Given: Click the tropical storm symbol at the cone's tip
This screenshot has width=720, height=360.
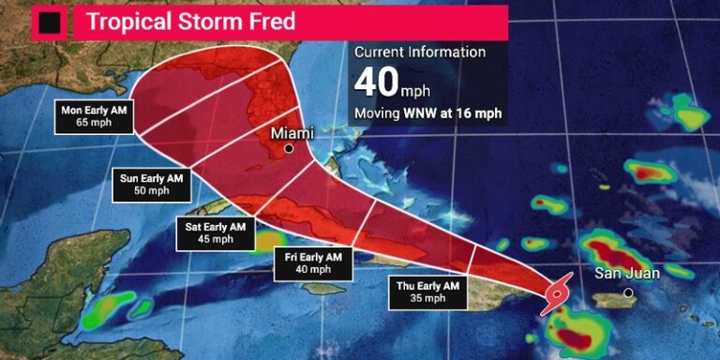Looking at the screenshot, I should coord(556,292).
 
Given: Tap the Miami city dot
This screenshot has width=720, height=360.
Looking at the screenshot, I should coord(289,148).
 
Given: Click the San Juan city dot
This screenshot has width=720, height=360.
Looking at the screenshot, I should coord(628,292).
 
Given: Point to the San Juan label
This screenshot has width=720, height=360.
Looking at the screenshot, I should coord(628,273).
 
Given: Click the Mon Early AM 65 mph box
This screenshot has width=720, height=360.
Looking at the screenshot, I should coord(94,115).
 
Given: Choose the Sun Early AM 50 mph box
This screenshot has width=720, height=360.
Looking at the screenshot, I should coord(151,184).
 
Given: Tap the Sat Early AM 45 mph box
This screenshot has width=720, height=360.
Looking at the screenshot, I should coord(217,231).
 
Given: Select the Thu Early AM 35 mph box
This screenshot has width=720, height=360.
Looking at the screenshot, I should coord(427,291).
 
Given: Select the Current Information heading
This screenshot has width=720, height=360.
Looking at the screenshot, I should coord(419,52).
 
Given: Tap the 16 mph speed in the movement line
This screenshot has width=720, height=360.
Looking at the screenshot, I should coord(480,113).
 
